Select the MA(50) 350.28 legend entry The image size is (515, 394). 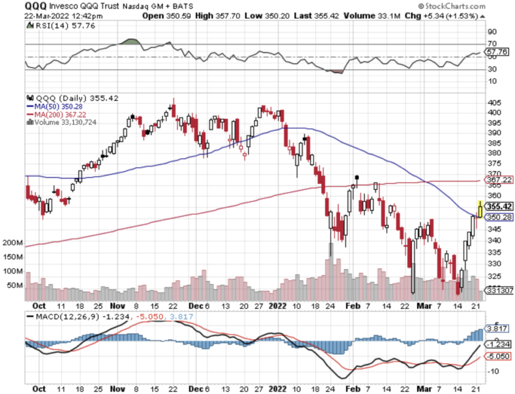pyautogui.click(x=54, y=106)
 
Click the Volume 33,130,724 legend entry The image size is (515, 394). pyautogui.click(x=60, y=122)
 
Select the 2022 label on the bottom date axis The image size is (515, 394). pyautogui.click(x=277, y=389)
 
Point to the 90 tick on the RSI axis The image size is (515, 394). pyautogui.click(x=493, y=31)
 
